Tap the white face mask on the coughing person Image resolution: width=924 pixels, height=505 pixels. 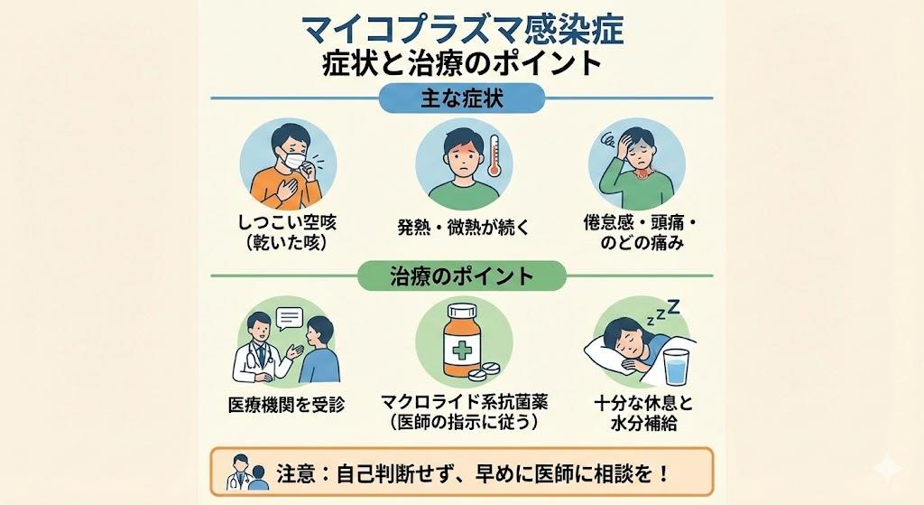pos(295,161)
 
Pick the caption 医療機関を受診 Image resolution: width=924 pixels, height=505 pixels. pos(286,404)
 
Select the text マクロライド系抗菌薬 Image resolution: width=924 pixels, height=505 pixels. pos(462,401)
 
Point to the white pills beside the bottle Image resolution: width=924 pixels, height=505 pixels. pos(487,371)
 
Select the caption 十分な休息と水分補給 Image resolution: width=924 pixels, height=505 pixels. pos(637,411)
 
